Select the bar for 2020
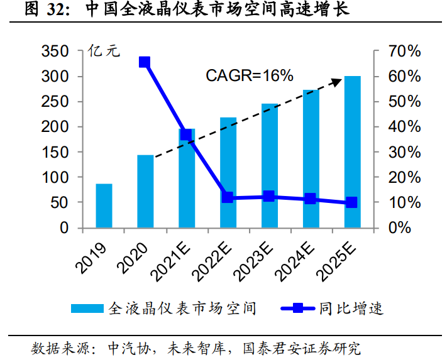click(145, 191)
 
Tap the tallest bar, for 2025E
click(352, 151)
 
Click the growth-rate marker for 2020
click(145, 62)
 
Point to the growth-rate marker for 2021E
click(186, 135)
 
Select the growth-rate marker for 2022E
click(228, 197)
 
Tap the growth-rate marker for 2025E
click(351, 202)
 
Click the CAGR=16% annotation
click(250, 76)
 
